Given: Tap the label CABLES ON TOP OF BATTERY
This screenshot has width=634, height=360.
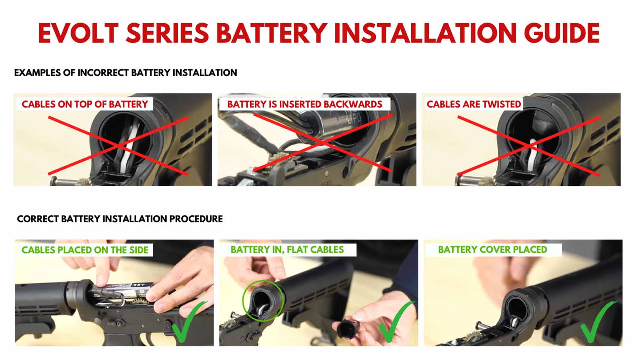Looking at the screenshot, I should [x=84, y=104].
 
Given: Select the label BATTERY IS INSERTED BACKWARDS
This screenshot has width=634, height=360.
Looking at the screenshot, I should [x=304, y=104].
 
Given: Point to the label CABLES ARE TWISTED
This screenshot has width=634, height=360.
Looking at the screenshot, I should [x=474, y=104].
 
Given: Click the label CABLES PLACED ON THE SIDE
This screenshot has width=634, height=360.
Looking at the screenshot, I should [x=85, y=250].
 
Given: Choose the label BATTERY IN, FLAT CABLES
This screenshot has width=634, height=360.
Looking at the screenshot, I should [x=287, y=250].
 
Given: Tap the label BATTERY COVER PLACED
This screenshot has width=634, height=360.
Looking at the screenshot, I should [x=492, y=250].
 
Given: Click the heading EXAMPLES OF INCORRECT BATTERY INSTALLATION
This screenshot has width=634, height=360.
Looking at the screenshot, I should [x=125, y=73].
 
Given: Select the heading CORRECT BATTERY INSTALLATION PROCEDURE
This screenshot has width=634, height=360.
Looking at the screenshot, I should [x=120, y=219].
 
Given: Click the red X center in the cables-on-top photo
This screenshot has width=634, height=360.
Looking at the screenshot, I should [x=118, y=146].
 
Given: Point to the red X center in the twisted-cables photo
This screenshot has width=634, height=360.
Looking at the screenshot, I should [x=529, y=146].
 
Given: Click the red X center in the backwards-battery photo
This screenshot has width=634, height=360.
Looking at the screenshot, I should [x=323, y=143].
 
